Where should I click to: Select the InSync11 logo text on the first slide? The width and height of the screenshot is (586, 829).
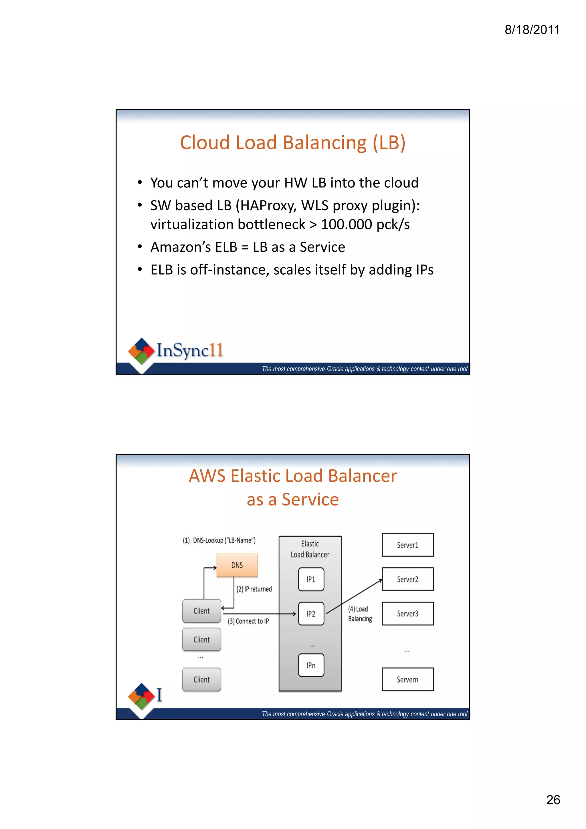coord(189,350)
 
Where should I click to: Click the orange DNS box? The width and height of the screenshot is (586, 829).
coord(237,565)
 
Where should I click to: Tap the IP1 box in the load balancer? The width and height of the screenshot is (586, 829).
coord(311,579)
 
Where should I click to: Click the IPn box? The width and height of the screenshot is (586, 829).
coord(311,665)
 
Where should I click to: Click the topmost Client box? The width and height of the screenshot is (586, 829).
coord(201,610)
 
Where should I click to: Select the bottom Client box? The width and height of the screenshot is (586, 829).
coord(201,679)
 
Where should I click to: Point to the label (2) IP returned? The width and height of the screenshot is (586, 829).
coord(254,589)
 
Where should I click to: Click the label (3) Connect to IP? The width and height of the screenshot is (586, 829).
coord(248,621)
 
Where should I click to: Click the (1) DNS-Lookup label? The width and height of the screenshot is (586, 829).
coord(219,540)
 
